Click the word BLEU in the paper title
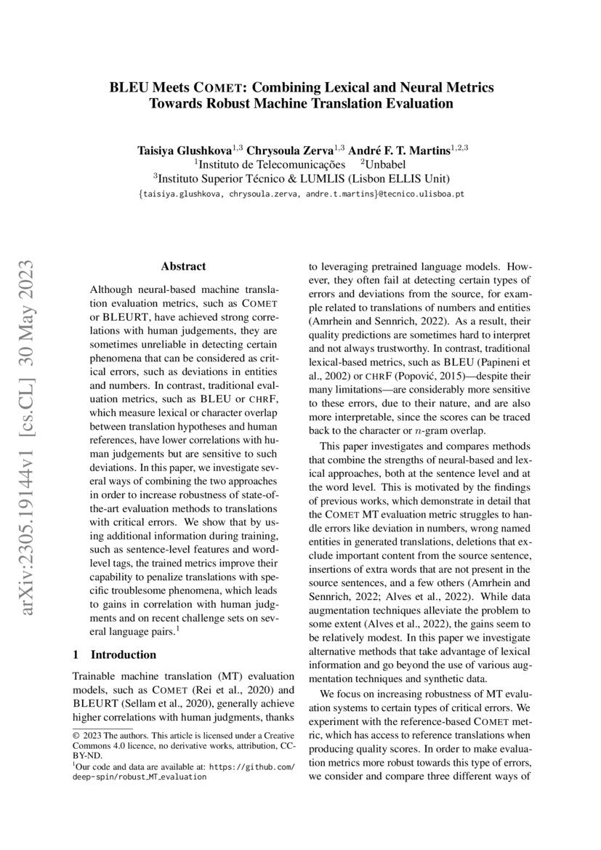click(x=126, y=88)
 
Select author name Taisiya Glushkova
click(x=184, y=150)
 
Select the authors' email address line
click(x=301, y=195)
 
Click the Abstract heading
click(x=183, y=267)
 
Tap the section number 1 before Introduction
click(x=76, y=654)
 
